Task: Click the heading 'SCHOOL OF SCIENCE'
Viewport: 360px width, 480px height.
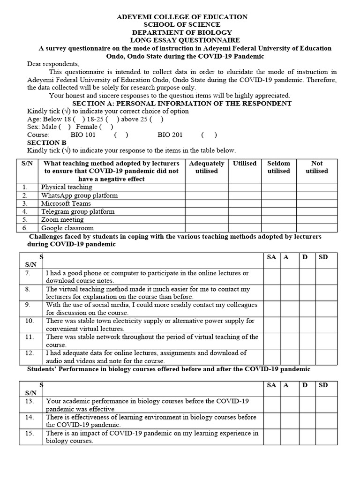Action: pos(181,25)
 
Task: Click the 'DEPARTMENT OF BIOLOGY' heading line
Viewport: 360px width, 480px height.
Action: pos(181,32)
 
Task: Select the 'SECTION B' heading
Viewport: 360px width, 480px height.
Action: pos(47,142)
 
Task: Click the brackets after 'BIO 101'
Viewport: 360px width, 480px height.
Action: pos(121,135)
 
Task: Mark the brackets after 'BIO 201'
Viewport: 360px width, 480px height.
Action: pos(209,135)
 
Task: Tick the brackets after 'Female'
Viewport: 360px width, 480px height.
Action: pos(106,127)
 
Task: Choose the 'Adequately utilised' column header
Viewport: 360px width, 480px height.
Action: pos(206,167)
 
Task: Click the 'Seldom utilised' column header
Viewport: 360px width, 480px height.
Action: pos(278,167)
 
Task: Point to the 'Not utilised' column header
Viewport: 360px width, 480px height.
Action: pos(317,167)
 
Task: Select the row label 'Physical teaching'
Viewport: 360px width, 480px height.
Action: pos(67,187)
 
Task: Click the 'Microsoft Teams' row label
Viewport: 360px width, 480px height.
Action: pos(66,203)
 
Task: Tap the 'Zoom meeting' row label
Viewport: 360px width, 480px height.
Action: pos(62,219)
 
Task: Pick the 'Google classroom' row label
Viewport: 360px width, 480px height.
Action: pos(67,228)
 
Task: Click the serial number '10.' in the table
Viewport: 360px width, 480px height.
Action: pos(30,321)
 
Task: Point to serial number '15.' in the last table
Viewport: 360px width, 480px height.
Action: pos(30,434)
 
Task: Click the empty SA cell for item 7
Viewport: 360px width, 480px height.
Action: pos(271,277)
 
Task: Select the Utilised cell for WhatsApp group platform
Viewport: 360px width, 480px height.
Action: pos(245,195)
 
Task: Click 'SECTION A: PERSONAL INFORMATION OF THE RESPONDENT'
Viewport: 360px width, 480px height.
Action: pos(181,103)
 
